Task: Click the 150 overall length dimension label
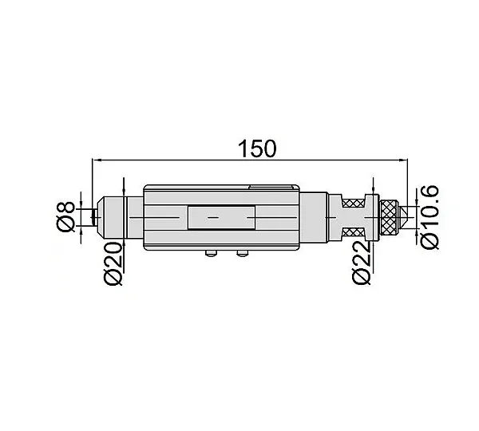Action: point(256,148)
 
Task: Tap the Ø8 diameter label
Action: point(65,216)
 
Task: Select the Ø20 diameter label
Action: point(113,263)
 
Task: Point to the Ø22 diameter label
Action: point(362,263)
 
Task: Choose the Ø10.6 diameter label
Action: point(430,217)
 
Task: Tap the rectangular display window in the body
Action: point(221,217)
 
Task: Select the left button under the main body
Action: point(211,253)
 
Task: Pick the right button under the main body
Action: point(243,253)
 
